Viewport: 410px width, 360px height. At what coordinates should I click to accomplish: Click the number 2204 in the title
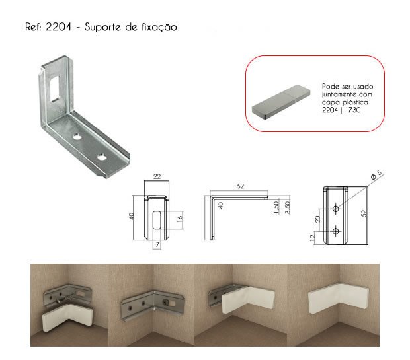tap(58, 27)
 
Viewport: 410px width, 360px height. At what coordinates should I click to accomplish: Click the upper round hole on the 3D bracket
tap(77, 136)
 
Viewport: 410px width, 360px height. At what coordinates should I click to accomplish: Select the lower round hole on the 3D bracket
tap(101, 157)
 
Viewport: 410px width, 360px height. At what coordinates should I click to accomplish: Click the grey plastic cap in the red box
tap(281, 102)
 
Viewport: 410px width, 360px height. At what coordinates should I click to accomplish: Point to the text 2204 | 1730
tap(341, 110)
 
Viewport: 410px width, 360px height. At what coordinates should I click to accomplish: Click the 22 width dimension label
tap(157, 176)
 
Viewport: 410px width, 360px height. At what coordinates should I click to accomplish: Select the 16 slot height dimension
tap(180, 219)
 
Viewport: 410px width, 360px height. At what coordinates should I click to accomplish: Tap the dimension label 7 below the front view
tap(157, 245)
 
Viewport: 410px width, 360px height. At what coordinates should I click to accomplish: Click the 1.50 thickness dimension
tap(276, 207)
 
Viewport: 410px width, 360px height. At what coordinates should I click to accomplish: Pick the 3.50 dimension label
tap(288, 207)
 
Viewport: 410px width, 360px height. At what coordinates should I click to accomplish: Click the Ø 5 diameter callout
tap(376, 174)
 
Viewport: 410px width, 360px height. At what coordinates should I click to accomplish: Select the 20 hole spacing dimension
tap(317, 219)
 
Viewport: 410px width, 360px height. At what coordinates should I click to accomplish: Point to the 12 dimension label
tap(312, 238)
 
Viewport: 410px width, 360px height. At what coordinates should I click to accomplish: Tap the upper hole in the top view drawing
tap(336, 209)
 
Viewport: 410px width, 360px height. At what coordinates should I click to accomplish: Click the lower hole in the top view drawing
tap(336, 231)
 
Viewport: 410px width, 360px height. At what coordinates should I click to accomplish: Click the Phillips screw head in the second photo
tap(166, 303)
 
